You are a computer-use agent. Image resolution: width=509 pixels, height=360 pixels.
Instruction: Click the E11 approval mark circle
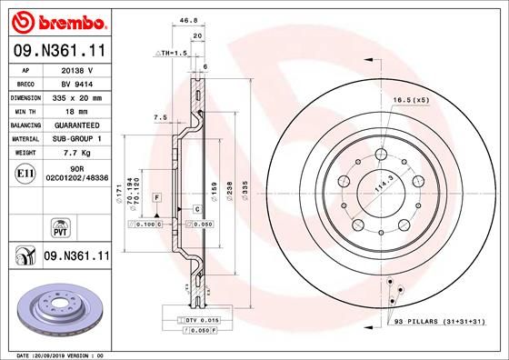[x=25, y=172]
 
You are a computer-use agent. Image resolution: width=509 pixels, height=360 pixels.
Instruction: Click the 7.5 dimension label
[x=160, y=117]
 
